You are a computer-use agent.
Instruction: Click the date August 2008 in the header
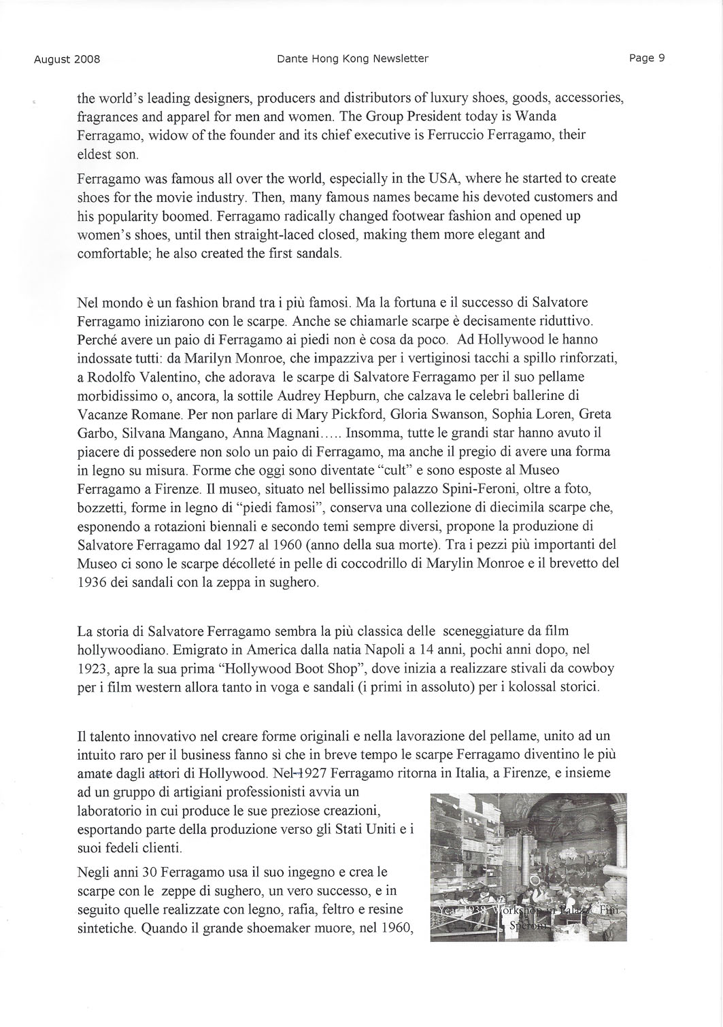pos(67,59)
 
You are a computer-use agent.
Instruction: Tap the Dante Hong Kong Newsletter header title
pos(352,58)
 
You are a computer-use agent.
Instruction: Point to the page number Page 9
pos(646,58)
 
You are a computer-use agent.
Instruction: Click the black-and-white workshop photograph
pos(528,867)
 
